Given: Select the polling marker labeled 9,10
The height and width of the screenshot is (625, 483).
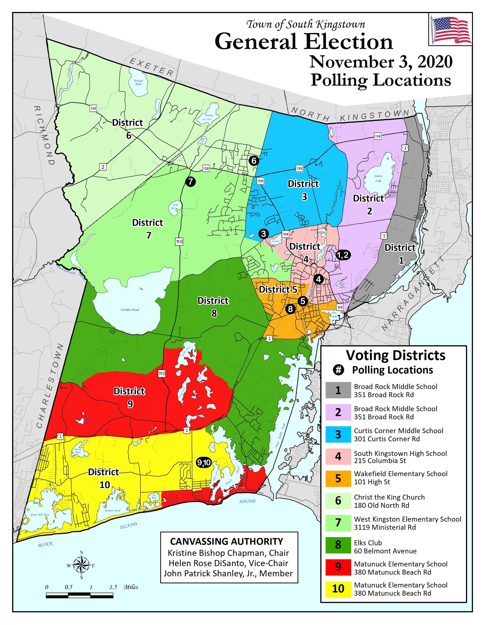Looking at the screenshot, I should pos(204,462).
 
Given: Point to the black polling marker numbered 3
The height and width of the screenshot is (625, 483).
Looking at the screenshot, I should pos(263,234).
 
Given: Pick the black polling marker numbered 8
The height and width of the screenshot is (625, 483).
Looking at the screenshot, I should pos(290,309).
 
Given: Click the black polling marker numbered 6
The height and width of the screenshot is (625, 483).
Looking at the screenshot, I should pos(254,161).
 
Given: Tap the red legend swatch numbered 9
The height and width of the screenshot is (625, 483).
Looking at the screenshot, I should pos(338,567).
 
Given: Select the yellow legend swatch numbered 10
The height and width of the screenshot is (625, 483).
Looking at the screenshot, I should pos(338,589).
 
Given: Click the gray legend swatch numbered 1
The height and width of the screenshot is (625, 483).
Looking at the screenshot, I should pos(338,390).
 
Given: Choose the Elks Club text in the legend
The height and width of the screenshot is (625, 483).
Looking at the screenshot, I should pos(368,543).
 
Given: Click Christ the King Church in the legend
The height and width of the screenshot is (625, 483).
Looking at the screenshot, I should pos(389,497).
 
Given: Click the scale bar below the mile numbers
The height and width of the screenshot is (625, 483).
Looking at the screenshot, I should pos(80,595).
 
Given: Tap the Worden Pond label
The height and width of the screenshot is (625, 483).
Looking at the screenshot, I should pos(130,310).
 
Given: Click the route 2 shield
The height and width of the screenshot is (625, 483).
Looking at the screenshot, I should pos(103,167).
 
